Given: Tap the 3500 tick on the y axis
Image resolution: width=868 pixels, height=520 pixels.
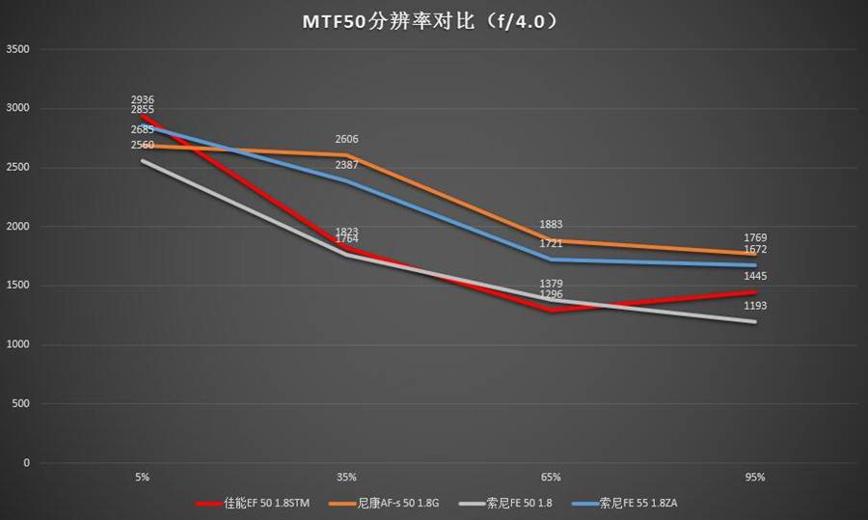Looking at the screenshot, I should tap(17, 49).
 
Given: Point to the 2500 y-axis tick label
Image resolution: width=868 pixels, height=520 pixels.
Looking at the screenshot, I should tap(17, 168).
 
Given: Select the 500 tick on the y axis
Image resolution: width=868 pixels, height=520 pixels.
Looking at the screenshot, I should tap(20, 404).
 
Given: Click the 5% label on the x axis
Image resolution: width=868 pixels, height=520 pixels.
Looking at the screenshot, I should tap(143, 477).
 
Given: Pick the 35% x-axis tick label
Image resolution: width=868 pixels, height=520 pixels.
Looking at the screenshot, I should tap(347, 477).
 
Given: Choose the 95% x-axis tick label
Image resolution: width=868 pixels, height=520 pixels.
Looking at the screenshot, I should tap(755, 477).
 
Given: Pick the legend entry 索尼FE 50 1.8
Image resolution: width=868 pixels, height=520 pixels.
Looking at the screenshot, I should tap(517, 503).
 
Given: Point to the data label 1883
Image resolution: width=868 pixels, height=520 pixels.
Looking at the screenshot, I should tap(551, 225).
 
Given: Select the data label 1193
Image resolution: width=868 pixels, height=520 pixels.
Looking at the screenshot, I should tap(755, 307).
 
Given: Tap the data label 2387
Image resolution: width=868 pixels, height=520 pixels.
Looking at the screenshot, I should tap(347, 166).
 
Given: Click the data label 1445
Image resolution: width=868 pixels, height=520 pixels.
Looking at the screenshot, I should tap(755, 277).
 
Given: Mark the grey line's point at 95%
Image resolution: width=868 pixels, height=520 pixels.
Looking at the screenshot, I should tap(755, 322).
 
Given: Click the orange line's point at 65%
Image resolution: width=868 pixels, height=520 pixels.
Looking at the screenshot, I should tap(551, 240).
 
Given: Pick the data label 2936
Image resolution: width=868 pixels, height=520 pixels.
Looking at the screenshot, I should tap(143, 100).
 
